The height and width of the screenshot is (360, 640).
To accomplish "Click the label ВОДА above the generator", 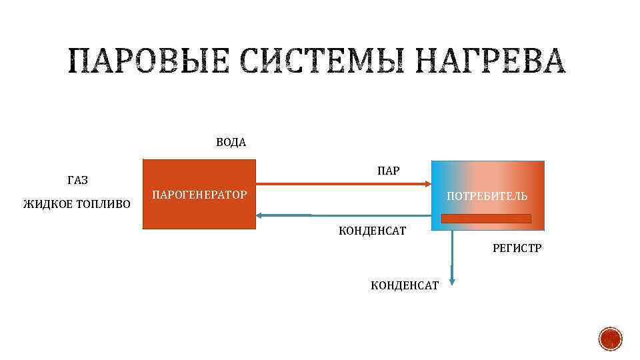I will tap(231, 143).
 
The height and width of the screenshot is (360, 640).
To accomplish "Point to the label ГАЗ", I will tap(78, 181).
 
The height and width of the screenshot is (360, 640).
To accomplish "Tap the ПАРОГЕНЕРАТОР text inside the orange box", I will tap(199, 195).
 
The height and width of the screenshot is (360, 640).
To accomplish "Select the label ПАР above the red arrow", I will tap(388, 171).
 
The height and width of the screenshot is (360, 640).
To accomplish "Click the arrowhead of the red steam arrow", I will tap(427, 183).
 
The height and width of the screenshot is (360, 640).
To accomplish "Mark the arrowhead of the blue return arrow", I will tap(261, 215).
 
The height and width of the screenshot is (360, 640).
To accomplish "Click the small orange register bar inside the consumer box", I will tap(487, 219).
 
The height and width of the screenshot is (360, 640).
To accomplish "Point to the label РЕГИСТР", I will tap(517, 248).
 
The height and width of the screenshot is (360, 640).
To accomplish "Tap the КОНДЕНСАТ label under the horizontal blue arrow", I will tap(373, 231).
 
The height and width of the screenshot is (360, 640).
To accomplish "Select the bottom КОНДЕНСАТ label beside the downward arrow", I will tap(405, 285).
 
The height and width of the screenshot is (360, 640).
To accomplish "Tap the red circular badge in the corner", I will tap(610, 339).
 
